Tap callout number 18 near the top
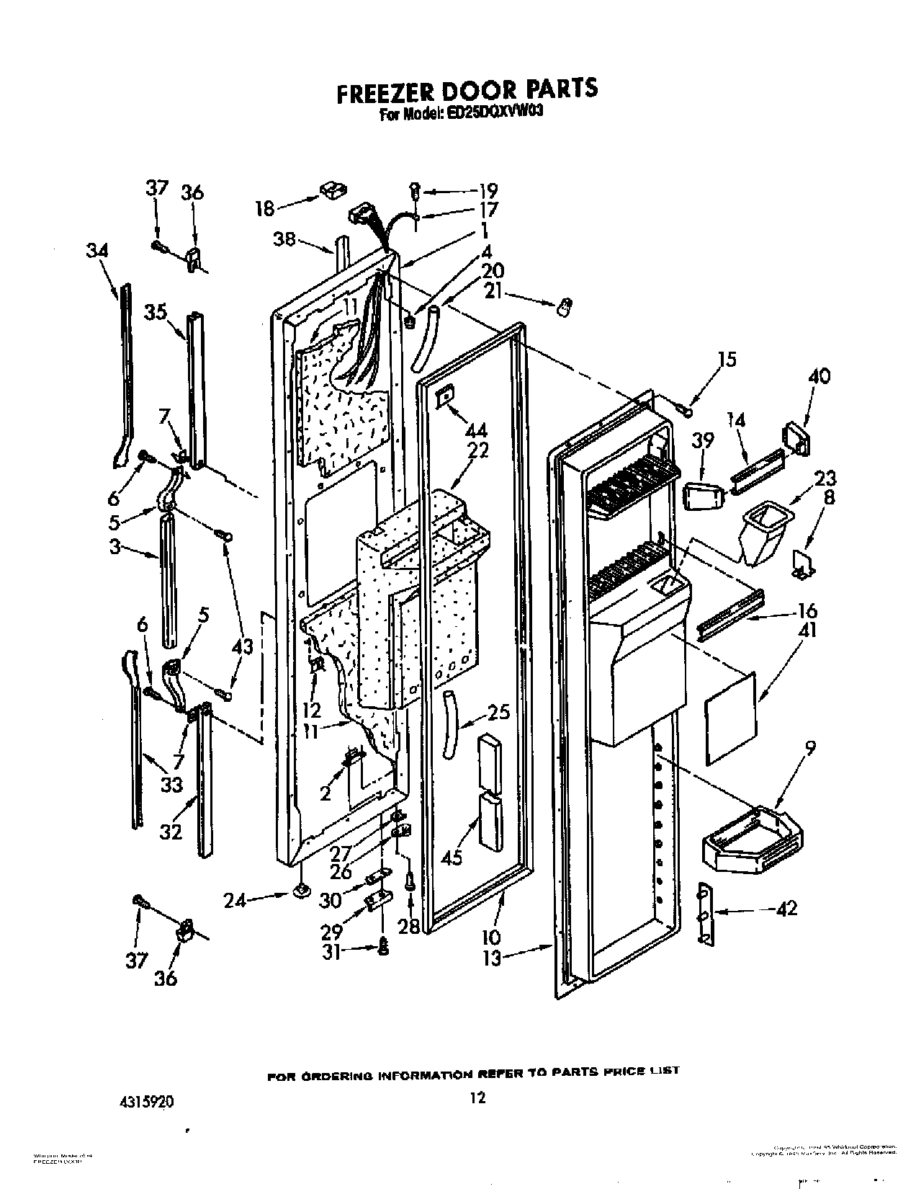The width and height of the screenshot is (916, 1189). [265, 209]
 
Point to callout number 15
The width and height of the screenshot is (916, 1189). [727, 359]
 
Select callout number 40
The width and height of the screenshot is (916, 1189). [819, 376]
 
